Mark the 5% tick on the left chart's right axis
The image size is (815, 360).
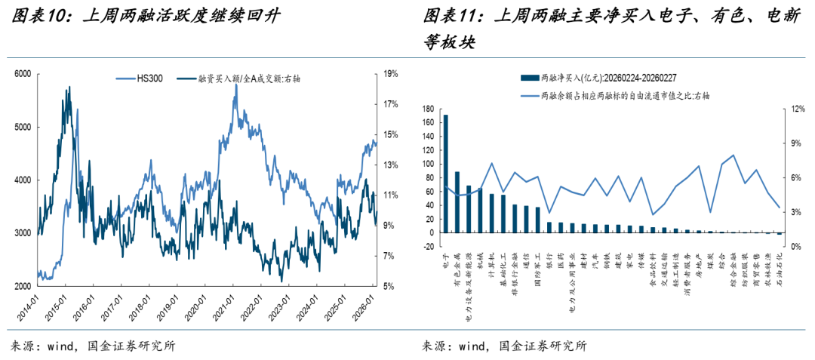pyautogui.click(x=389, y=287)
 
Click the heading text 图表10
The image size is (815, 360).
pyautogui.click(x=35, y=16)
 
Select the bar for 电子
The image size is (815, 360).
pyautogui.click(x=445, y=174)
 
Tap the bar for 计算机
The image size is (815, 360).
pyautogui.click(x=491, y=213)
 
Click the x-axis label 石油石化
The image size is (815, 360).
pyautogui.click(x=778, y=275)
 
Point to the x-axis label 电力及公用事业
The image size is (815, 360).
pyautogui.click(x=572, y=283)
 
